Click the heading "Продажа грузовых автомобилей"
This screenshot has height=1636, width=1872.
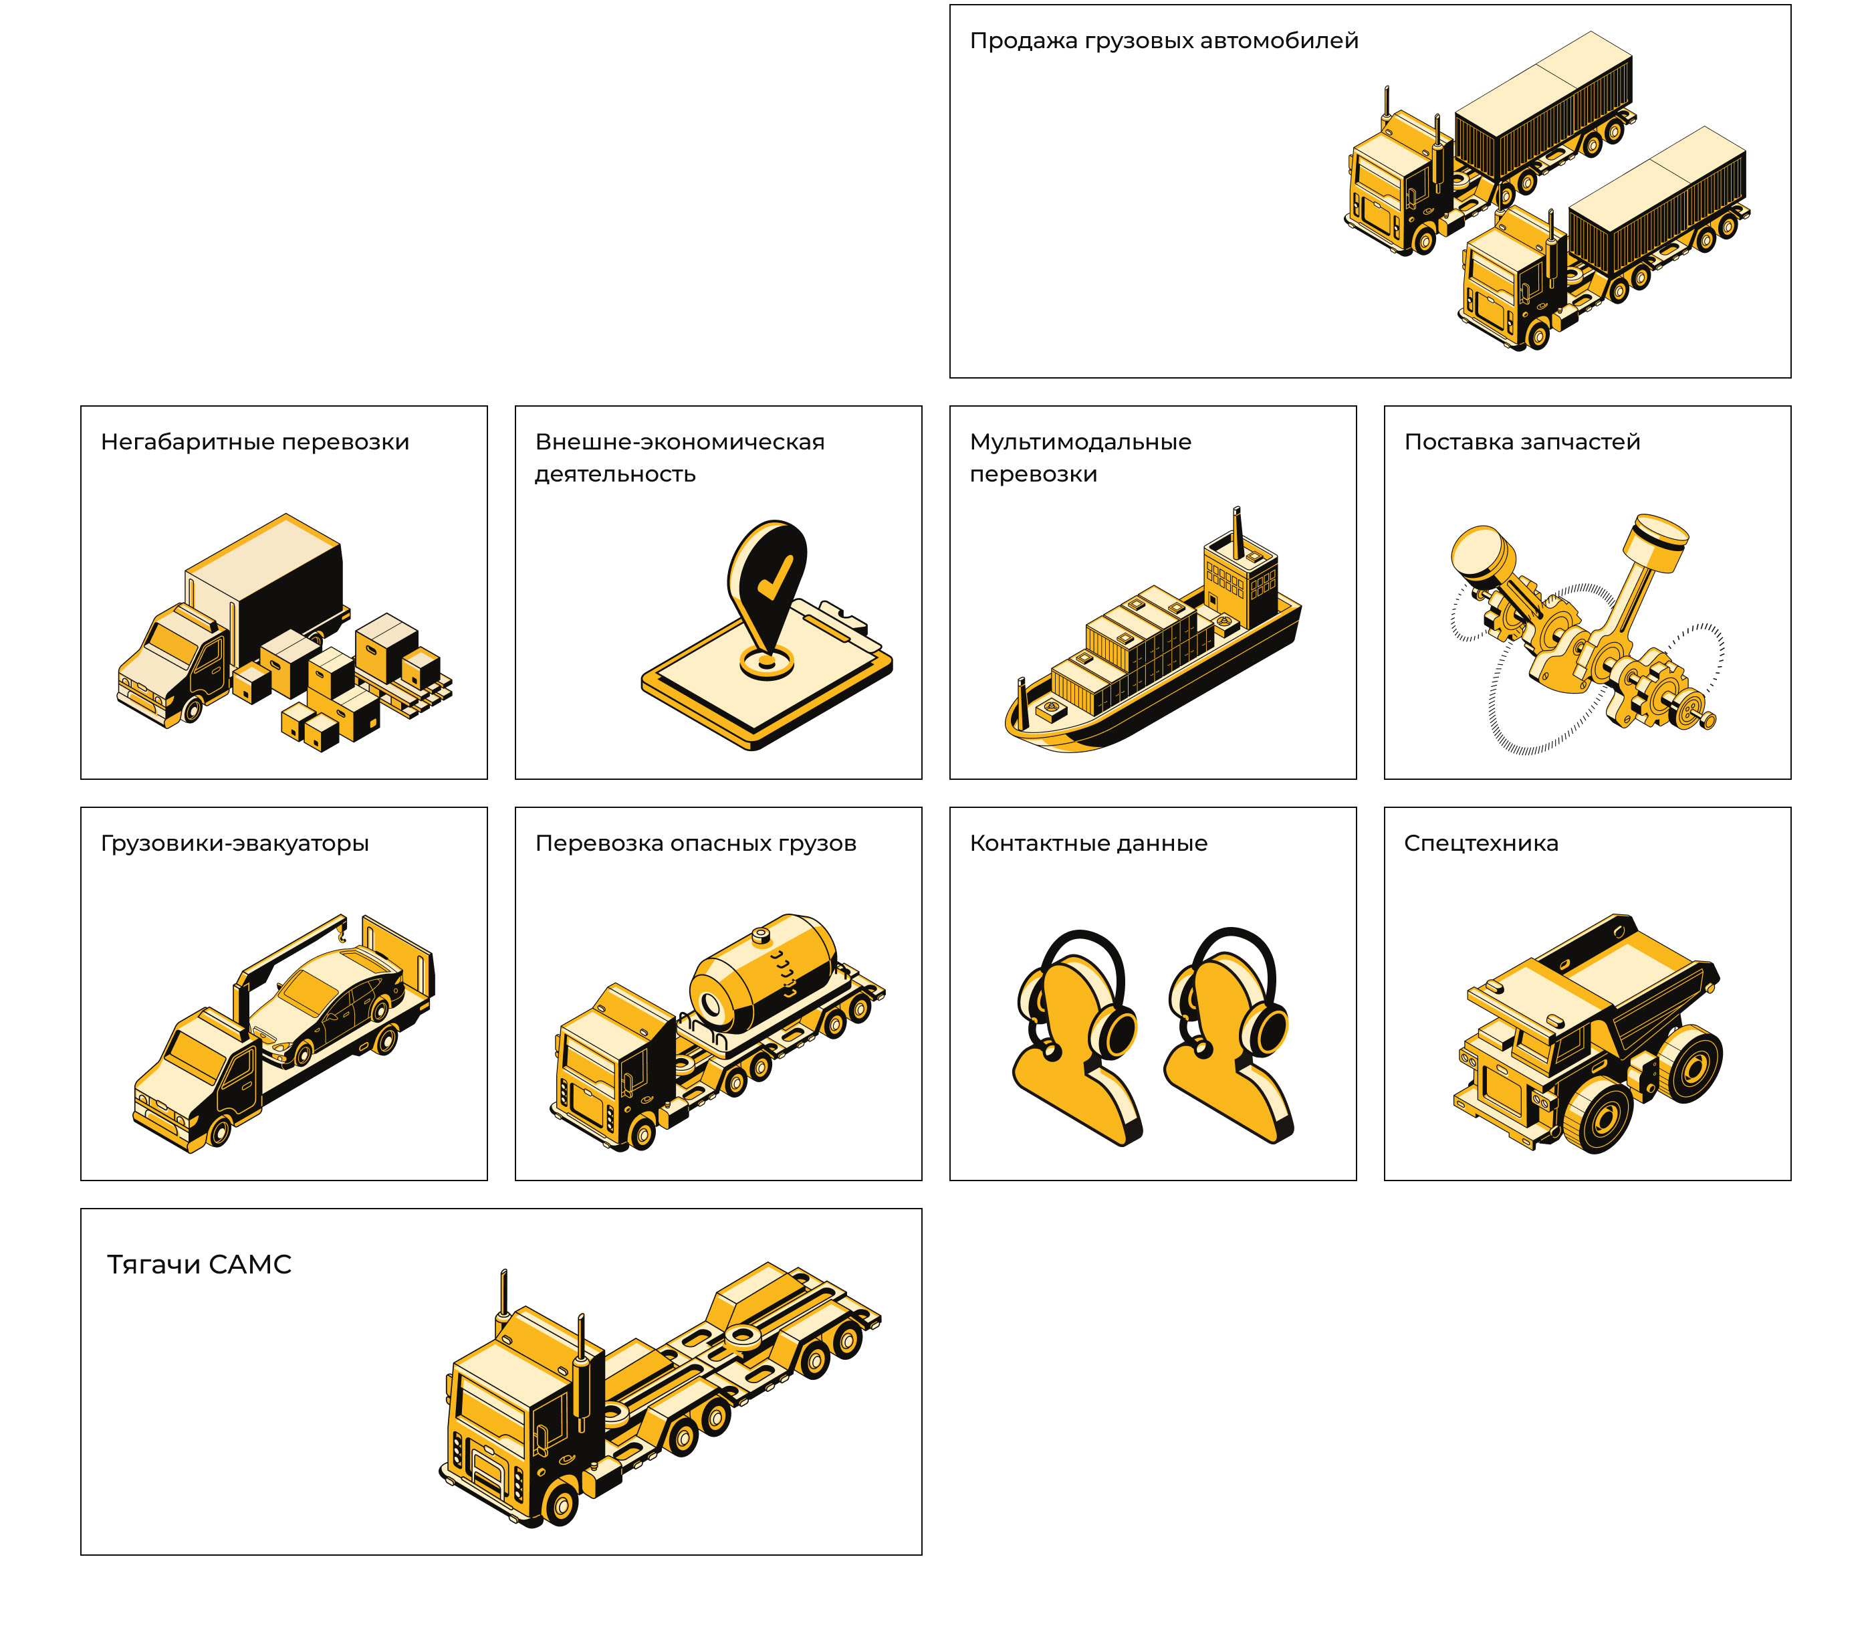[x=1164, y=41]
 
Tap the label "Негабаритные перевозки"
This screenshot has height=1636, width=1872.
[x=255, y=442]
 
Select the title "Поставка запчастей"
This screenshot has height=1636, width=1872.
[x=1522, y=442]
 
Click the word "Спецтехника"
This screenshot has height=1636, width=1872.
[x=1480, y=843]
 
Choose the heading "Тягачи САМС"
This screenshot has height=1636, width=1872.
[x=199, y=1264]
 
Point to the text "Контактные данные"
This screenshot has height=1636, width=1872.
[x=1088, y=843]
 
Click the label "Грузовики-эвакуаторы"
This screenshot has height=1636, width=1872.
[x=235, y=843]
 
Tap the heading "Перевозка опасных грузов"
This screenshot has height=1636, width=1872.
[x=695, y=843]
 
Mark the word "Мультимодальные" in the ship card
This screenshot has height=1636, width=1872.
[x=1080, y=442]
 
